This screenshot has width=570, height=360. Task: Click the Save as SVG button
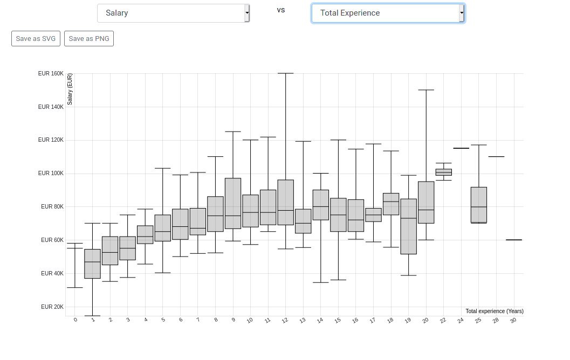pyautogui.click(x=36, y=38)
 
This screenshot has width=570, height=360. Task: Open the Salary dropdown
pyautogui.click(x=174, y=13)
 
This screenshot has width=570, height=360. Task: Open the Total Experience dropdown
pyautogui.click(x=388, y=13)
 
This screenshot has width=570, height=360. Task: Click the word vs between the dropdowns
pyautogui.click(x=280, y=10)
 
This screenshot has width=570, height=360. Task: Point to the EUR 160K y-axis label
pyautogui.click(x=51, y=73)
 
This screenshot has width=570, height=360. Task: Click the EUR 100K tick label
pyautogui.click(x=51, y=174)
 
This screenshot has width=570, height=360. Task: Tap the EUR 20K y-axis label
pyautogui.click(x=52, y=307)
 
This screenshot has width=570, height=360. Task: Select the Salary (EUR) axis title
pyautogui.click(x=70, y=89)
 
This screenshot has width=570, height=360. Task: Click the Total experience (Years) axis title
pyautogui.click(x=495, y=311)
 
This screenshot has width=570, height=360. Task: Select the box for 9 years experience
pyautogui.click(x=233, y=203)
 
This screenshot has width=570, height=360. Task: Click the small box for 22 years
pyautogui.click(x=443, y=172)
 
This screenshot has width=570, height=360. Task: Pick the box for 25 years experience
pyautogui.click(x=479, y=205)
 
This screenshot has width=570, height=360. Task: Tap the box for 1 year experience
pyautogui.click(x=92, y=264)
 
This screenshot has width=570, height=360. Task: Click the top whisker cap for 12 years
pyautogui.click(x=286, y=73)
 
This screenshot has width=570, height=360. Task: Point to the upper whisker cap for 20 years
pyautogui.click(x=426, y=89)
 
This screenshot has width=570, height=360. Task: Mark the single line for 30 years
pyautogui.click(x=514, y=240)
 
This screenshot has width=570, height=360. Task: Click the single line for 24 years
pyautogui.click(x=461, y=148)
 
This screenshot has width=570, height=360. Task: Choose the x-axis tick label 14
pyautogui.click(x=320, y=321)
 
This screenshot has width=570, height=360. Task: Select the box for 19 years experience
pyautogui.click(x=409, y=226)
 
